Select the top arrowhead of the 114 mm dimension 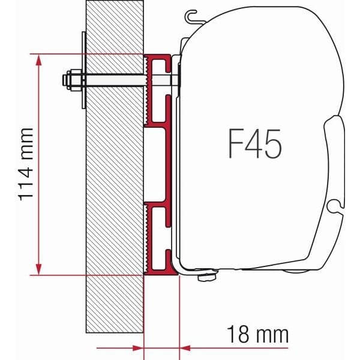pos(40,59)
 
